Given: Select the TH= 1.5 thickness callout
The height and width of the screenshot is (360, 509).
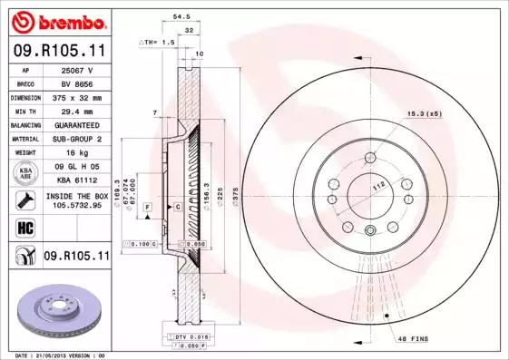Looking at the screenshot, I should (157, 42).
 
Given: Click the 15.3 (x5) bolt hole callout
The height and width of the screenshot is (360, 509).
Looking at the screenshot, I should (424, 113).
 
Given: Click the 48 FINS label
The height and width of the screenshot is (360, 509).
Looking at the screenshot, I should (413, 339).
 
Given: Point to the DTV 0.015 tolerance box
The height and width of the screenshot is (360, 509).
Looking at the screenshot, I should (188, 336).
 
